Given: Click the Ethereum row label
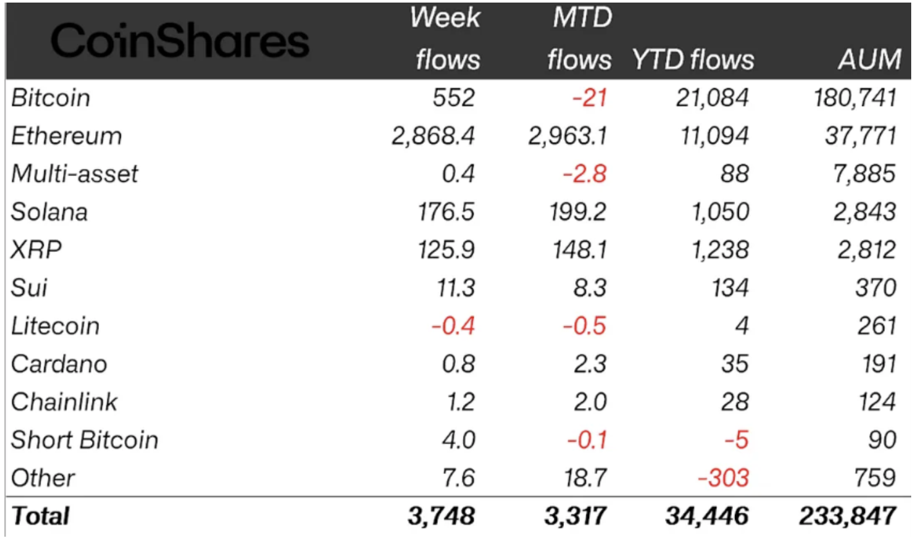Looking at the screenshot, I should point(66,136).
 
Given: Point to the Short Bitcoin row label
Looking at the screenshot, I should point(85,440).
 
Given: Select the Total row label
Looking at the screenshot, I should point(40,515).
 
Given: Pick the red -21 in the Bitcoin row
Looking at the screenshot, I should point(588,98).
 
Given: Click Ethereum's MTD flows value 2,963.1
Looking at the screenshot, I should point(568,136).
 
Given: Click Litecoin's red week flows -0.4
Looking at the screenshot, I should point(453,326).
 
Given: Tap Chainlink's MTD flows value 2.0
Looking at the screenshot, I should point(588,402).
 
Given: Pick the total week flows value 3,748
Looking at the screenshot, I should point(441,515).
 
